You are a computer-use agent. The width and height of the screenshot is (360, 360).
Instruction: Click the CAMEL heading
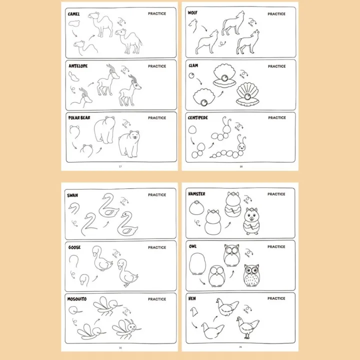coord(73,14)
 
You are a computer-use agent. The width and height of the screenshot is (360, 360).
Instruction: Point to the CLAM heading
coord(193,65)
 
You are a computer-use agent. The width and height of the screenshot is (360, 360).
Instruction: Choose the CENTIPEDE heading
coord(198,118)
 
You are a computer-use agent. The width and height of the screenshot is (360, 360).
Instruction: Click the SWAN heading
coord(72,195)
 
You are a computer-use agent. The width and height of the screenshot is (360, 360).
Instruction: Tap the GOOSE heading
coord(73,247)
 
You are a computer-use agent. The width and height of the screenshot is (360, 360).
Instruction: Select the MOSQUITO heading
coord(77,299)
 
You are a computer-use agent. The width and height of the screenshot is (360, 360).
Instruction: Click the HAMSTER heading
coord(196,194)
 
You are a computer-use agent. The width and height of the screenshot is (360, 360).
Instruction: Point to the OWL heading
coord(192,246)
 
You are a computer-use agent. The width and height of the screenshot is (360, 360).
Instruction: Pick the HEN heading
coord(192,298)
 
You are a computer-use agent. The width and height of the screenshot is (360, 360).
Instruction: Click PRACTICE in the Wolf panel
coord(276,13)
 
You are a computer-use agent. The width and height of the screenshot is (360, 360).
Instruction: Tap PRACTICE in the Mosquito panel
coord(157,299)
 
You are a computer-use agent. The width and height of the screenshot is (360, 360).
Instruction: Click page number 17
coord(119,166)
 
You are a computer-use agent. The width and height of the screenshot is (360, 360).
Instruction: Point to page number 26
coord(240,346)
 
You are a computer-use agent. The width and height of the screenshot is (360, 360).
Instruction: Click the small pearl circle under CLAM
coord(191,75)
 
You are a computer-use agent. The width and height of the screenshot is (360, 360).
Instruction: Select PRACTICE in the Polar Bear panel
coord(157,118)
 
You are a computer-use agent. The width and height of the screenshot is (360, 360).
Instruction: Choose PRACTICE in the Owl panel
coord(276,246)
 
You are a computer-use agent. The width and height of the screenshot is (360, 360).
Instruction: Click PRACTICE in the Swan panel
coord(157,195)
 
